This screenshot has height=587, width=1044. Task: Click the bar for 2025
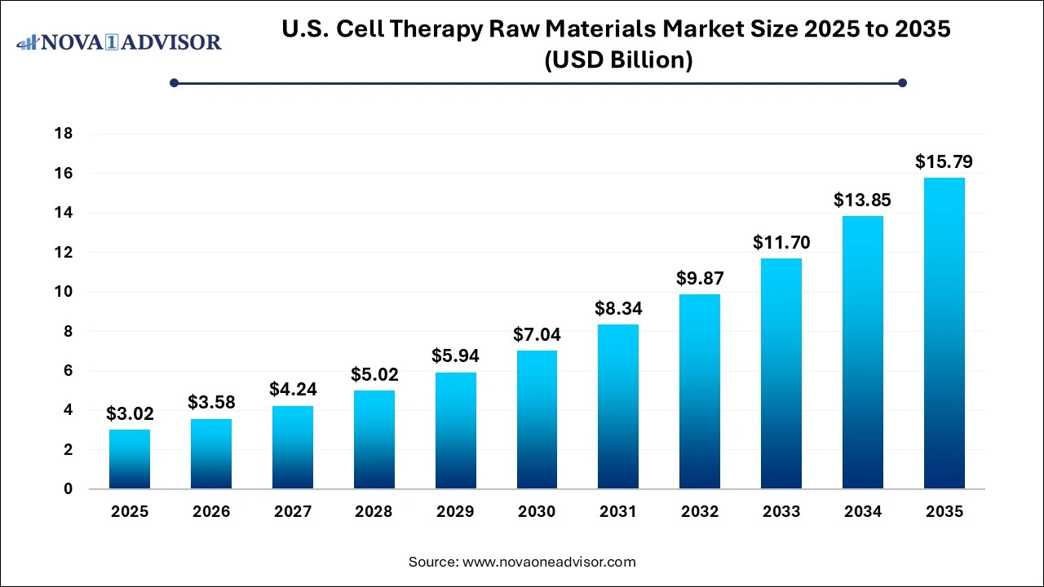pyautogui.click(x=130, y=459)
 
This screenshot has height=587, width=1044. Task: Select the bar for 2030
pyautogui.click(x=537, y=420)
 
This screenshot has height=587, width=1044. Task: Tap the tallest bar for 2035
pyautogui.click(x=944, y=333)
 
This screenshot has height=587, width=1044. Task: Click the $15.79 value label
pyautogui.click(x=944, y=161)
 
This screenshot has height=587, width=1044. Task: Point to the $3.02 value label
pyautogui.click(x=130, y=414)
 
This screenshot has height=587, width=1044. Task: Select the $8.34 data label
pyautogui.click(x=618, y=309)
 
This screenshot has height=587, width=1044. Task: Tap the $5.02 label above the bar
pyautogui.click(x=374, y=374)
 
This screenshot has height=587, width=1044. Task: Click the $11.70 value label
pyautogui.click(x=781, y=242)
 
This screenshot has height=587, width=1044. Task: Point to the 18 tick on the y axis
pyautogui.click(x=63, y=134)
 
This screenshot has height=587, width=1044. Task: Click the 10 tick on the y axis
pyautogui.click(x=63, y=292)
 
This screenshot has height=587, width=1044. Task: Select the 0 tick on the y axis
pyautogui.click(x=68, y=489)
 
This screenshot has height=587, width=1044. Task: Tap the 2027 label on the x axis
pyautogui.click(x=292, y=512)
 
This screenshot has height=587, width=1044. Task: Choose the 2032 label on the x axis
pyautogui.click(x=700, y=512)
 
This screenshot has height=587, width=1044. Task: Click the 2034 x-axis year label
pyautogui.click(x=862, y=512)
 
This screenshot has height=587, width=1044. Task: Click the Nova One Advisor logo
pyautogui.click(x=119, y=42)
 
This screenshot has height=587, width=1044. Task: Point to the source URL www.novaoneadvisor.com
pyautogui.click(x=549, y=562)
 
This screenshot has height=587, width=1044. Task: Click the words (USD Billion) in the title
pyautogui.click(x=618, y=60)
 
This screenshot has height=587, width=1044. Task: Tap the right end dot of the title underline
pyautogui.click(x=902, y=82)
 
